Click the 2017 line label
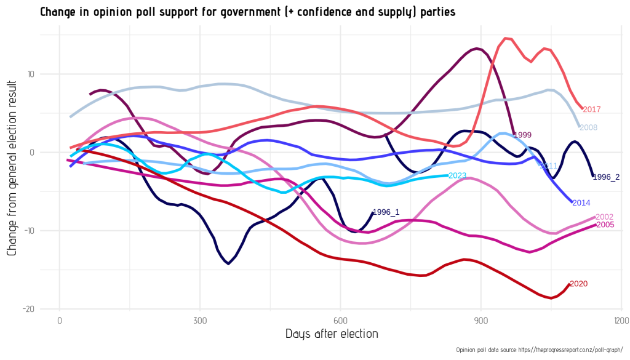[591, 110]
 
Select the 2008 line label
[588, 127]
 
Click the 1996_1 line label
[386, 212]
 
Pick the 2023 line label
[457, 175]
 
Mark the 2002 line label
[604, 217]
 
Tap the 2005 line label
[605, 225]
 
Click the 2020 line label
[579, 284]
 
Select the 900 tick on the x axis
[481, 321]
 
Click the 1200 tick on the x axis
[621, 321]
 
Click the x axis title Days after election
[332, 334]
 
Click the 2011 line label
[548, 166]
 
